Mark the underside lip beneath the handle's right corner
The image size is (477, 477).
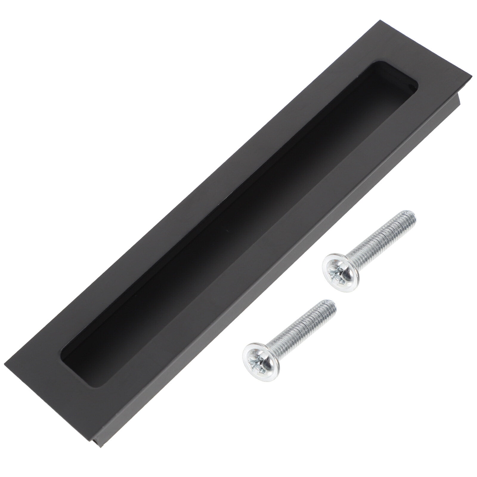[x=461, y=92]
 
